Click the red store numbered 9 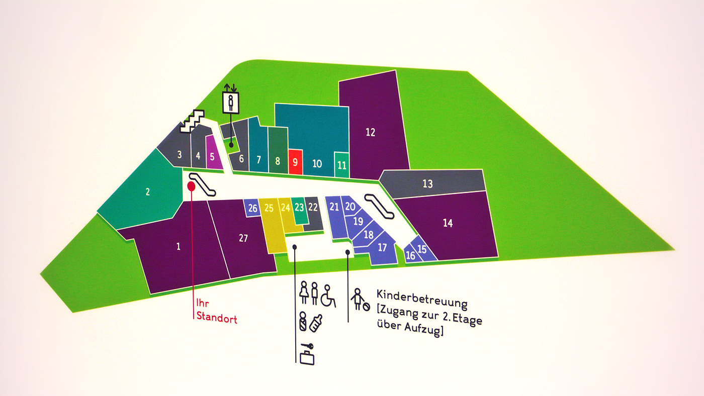pos(295,162)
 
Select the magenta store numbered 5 pos(212,155)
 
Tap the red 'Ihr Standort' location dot pos(191,186)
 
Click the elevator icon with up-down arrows pos(231,102)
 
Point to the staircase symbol pos(194,121)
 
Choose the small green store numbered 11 pos(342,164)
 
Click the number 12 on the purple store pos(371,133)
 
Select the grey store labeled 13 pos(427,184)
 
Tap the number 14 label pos(448,223)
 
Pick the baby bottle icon pos(315,323)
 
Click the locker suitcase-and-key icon pos(306,354)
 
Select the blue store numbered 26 pos(252,208)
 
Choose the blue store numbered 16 pos(411,256)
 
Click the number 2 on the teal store pos(147,191)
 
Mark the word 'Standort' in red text pos(216,318)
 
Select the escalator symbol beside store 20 pos(380,206)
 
